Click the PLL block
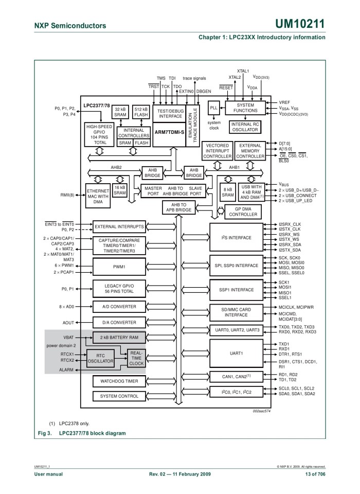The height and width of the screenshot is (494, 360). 214,108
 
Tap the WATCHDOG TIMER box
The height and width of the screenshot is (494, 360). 119,381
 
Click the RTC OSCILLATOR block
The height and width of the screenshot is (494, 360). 100,358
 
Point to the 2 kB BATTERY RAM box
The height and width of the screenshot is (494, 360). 119,337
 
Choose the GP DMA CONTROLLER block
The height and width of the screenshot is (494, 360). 243,211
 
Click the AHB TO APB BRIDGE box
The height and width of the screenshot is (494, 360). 178,207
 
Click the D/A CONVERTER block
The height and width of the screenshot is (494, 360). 119,323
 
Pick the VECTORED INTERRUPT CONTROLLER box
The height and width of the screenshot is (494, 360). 218,151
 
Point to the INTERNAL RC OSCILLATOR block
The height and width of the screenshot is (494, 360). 245,127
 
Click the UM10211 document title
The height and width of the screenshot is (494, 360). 301,24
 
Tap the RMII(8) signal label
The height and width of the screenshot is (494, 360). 67,196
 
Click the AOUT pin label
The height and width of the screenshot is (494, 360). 68,323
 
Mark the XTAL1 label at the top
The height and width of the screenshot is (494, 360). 243,71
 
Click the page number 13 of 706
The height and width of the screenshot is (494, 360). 311,473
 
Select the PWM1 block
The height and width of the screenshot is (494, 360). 119,267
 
